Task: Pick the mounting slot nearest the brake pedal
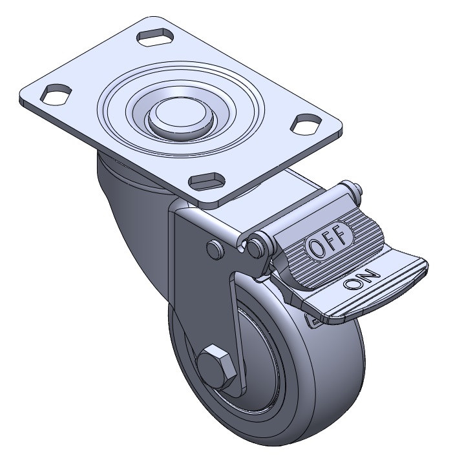[x=207, y=180]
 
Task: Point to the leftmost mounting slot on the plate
[x=56, y=94]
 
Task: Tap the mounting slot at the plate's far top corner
[x=155, y=37]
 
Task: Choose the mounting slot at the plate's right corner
[x=306, y=124]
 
